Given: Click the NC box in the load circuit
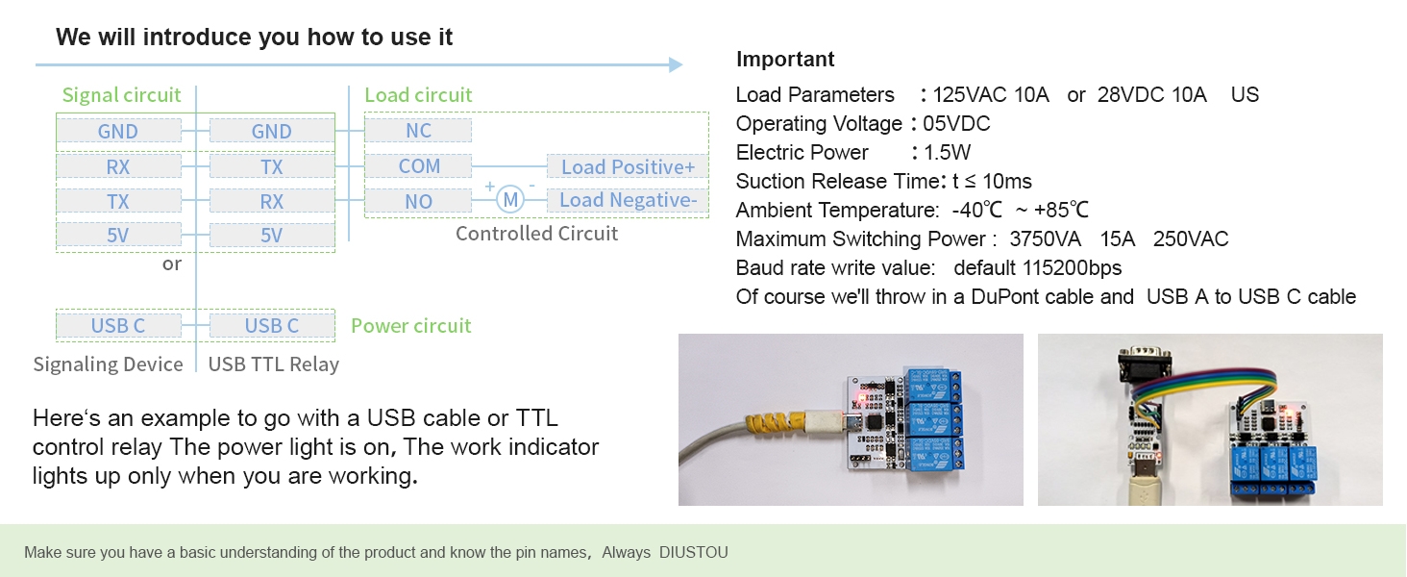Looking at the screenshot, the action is pyautogui.click(x=418, y=130).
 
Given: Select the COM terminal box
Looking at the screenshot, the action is pyautogui.click(x=418, y=166).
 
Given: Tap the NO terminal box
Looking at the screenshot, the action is pyautogui.click(x=418, y=201).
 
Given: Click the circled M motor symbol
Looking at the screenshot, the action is pyautogui.click(x=510, y=200).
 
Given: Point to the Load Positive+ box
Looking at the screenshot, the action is pyautogui.click(x=628, y=166).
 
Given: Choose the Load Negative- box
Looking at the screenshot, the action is pyautogui.click(x=628, y=200).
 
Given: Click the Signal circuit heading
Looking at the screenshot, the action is pyautogui.click(x=121, y=95).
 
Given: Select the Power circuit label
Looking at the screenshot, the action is pyautogui.click(x=410, y=326).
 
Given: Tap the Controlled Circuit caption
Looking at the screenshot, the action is pyautogui.click(x=536, y=233).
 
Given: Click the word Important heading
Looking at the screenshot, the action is pyautogui.click(x=785, y=59).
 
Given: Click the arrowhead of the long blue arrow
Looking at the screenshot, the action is pyautogui.click(x=676, y=64).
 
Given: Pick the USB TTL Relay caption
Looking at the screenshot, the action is pyautogui.click(x=273, y=364).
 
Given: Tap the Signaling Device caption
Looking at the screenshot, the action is pyautogui.click(x=108, y=364).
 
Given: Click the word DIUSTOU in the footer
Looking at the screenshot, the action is pyautogui.click(x=694, y=553).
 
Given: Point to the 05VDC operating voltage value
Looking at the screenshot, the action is pyautogui.click(x=956, y=123).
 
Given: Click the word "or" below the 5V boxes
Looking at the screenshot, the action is pyautogui.click(x=171, y=264).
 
